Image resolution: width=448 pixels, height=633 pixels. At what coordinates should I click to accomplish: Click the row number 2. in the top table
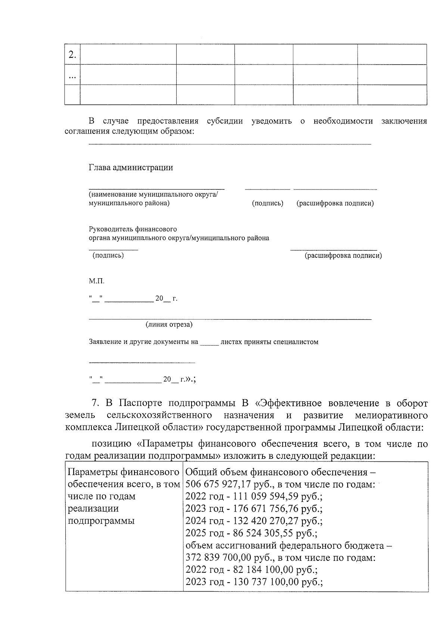72,55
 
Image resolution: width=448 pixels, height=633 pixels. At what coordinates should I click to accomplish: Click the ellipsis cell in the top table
72,76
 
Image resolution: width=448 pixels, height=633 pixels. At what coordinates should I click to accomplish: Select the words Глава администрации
131,167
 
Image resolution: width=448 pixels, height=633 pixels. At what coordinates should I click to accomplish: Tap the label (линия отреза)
169,325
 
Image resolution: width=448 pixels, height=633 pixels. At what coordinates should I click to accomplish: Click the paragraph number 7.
95,403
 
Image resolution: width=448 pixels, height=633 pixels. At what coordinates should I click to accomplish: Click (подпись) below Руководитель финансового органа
108,256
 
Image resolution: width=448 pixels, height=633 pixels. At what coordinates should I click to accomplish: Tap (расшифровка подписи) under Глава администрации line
335,203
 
